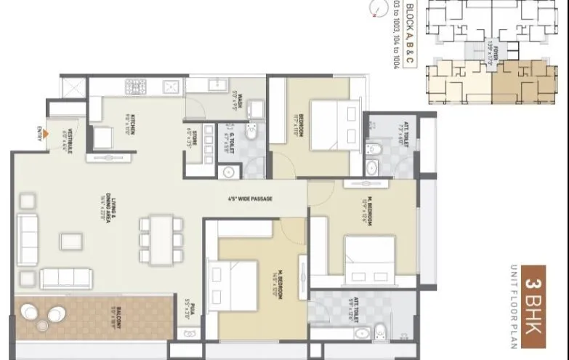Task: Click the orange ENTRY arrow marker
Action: [47, 133]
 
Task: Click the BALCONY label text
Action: [109, 314]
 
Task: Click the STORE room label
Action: [191, 137]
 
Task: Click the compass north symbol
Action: [376, 9]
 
